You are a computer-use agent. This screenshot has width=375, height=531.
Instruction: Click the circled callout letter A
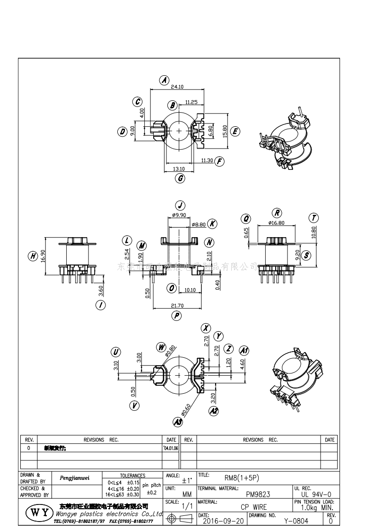(164, 80)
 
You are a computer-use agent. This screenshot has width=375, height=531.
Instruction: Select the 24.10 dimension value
(177, 87)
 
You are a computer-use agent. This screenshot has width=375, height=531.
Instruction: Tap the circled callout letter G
(180, 178)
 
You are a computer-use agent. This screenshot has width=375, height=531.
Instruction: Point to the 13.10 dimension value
(179, 169)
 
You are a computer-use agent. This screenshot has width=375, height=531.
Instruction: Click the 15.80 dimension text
(225, 131)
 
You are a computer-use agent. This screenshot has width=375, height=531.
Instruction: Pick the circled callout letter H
(33, 256)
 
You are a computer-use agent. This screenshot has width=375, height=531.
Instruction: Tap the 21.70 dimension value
(178, 306)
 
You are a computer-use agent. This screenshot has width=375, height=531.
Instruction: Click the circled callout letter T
(314, 218)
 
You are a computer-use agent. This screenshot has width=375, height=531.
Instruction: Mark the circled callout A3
(178, 421)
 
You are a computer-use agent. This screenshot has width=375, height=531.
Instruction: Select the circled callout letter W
(162, 348)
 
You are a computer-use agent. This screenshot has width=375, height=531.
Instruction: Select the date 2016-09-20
(224, 521)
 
